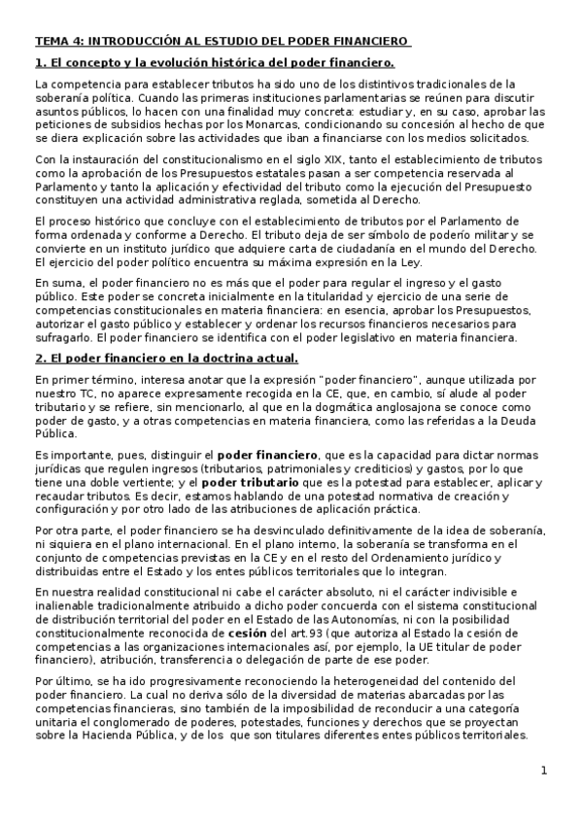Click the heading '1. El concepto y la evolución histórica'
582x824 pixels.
[214, 63]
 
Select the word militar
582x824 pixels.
[495, 235]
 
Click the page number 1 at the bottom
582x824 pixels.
[545, 772]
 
